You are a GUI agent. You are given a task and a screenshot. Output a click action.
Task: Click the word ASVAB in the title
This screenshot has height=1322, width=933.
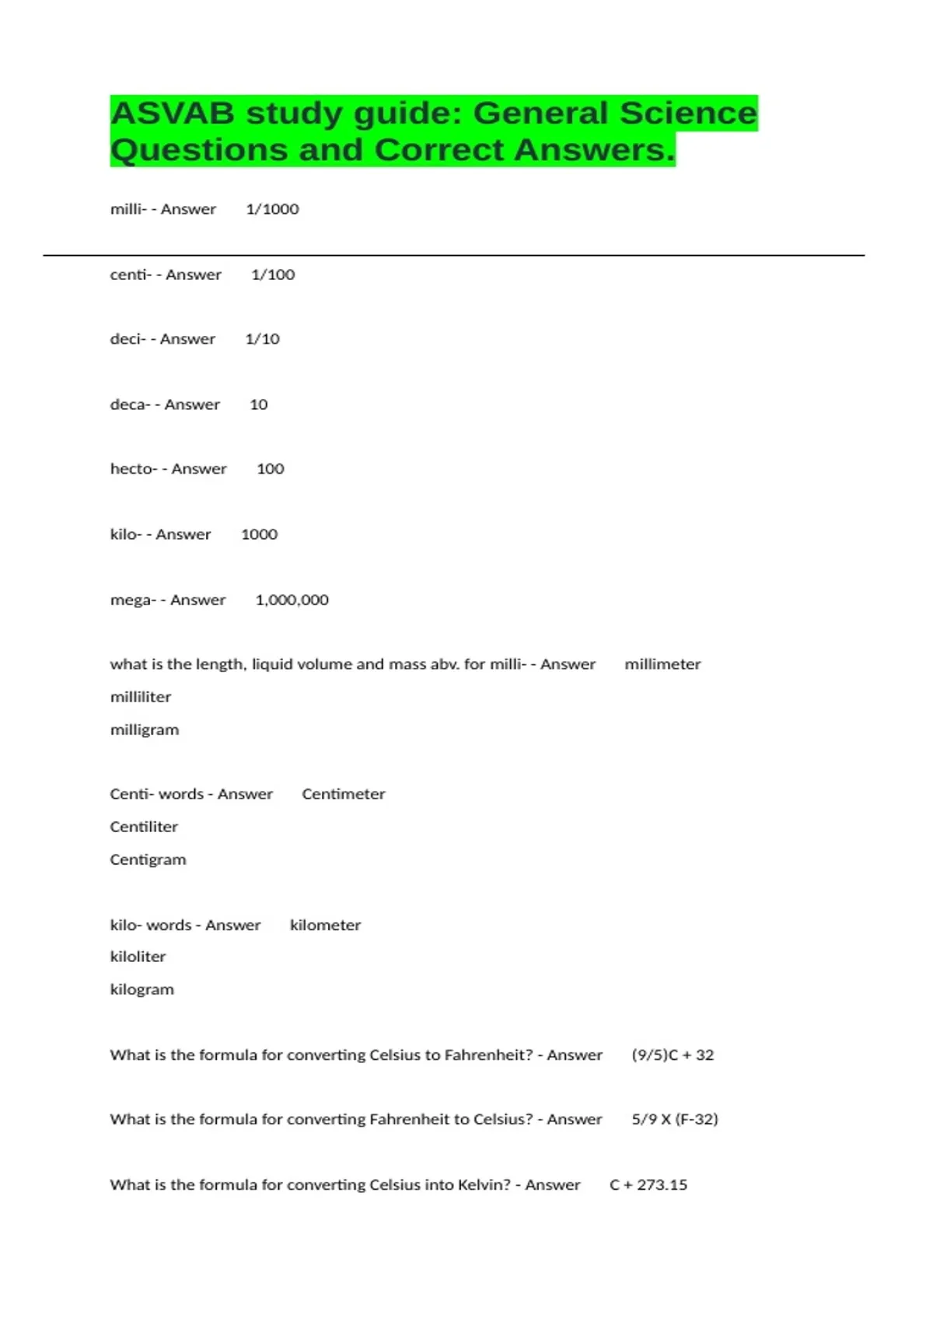pyautogui.click(x=172, y=114)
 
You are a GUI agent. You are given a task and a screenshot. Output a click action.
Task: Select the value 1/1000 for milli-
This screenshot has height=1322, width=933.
pyautogui.click(x=272, y=209)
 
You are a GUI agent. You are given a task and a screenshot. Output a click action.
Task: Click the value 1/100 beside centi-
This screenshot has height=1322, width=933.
pyautogui.click(x=273, y=275)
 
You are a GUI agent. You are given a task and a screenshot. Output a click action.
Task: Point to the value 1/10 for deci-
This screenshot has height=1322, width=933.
pyautogui.click(x=262, y=339)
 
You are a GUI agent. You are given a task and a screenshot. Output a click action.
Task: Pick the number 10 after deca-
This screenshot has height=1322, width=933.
pyautogui.click(x=258, y=404)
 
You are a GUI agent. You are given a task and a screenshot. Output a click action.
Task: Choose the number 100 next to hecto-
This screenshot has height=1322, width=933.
pyautogui.click(x=270, y=469)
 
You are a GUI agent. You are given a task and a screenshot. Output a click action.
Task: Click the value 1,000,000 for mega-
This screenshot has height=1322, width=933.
pyautogui.click(x=292, y=600)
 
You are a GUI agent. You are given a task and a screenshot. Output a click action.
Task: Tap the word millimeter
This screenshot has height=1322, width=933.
pyautogui.click(x=662, y=664)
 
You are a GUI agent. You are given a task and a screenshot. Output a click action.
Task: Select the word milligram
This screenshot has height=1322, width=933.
pyautogui.click(x=145, y=729)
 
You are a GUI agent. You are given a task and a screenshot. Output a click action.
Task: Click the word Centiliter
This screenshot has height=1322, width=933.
pyautogui.click(x=144, y=827)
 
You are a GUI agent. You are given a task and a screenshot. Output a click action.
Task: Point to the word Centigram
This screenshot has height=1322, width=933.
pyautogui.click(x=148, y=859)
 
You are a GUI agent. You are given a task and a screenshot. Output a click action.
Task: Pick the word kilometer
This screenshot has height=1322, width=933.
pyautogui.click(x=325, y=925)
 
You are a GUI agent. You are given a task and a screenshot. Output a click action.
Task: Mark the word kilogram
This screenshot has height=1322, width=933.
pyautogui.click(x=142, y=989)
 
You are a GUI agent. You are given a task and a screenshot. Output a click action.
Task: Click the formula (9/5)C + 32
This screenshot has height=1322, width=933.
pyautogui.click(x=673, y=1054)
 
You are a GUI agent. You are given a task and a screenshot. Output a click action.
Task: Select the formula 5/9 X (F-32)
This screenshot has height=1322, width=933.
pyautogui.click(x=675, y=1119)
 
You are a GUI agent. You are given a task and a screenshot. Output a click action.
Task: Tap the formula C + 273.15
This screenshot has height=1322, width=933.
pyautogui.click(x=648, y=1184)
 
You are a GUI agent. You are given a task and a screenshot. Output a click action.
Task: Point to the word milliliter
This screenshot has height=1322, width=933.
pyautogui.click(x=141, y=697)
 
